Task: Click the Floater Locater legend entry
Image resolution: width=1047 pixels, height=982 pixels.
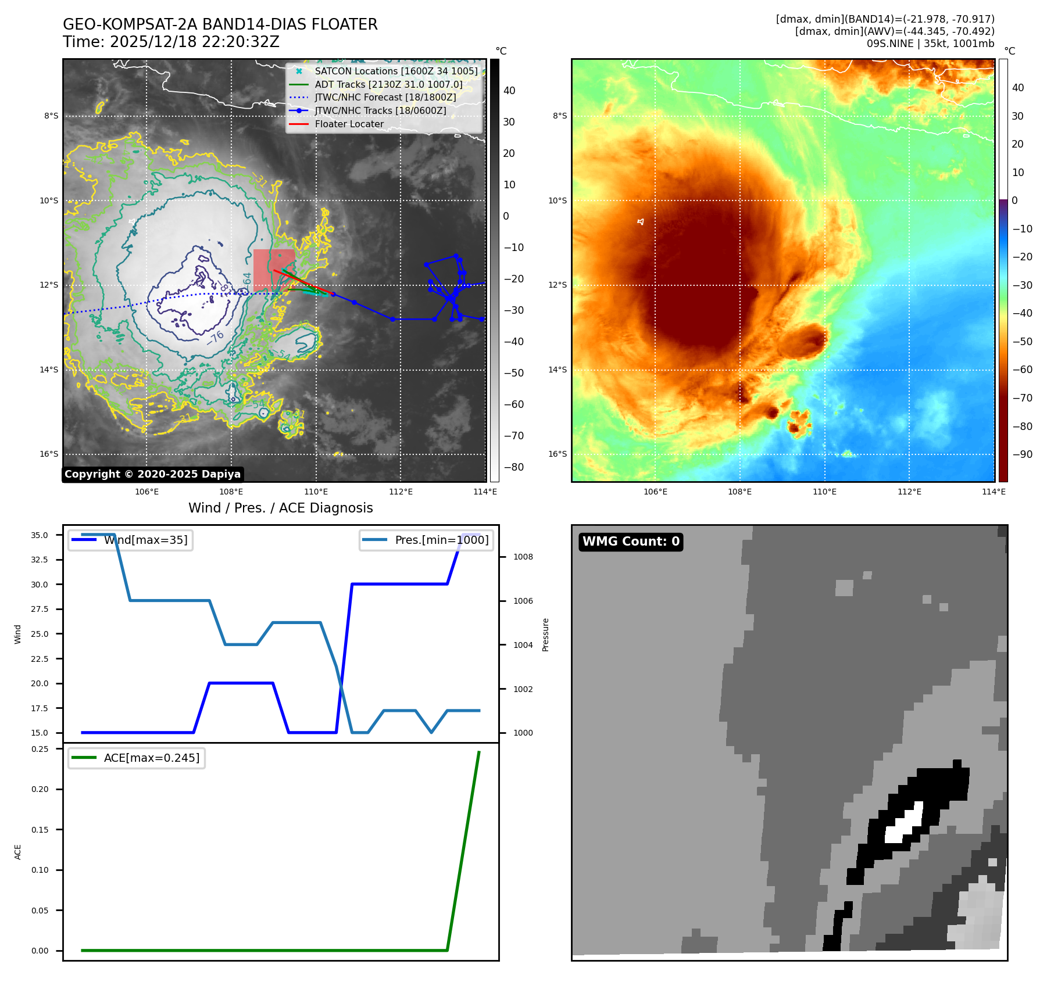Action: click(349, 124)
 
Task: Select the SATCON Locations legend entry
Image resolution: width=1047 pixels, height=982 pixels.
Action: click(396, 71)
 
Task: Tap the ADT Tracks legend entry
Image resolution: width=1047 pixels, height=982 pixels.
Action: click(388, 84)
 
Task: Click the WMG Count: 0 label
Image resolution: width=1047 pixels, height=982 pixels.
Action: click(631, 542)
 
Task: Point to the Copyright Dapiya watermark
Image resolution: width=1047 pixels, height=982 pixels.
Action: click(152, 474)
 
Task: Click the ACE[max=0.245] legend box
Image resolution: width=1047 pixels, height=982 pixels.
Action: click(137, 758)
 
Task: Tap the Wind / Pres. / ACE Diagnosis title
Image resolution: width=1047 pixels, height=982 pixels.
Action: click(280, 508)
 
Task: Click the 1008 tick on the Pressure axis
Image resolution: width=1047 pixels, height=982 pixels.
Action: click(523, 557)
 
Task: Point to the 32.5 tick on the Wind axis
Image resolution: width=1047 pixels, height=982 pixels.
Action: click(40, 560)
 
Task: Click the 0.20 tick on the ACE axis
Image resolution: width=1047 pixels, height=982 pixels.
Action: click(40, 789)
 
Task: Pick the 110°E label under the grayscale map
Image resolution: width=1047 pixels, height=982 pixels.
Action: click(316, 492)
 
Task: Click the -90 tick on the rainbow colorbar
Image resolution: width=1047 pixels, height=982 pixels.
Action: click(1022, 454)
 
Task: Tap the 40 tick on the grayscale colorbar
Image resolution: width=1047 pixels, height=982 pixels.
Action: click(509, 91)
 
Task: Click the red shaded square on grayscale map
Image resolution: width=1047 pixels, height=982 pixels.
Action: click(273, 269)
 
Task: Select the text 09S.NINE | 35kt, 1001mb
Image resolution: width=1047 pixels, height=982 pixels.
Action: click(930, 44)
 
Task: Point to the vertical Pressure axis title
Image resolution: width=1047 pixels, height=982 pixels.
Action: click(545, 635)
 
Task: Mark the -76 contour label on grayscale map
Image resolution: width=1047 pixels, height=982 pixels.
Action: click(215, 338)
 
